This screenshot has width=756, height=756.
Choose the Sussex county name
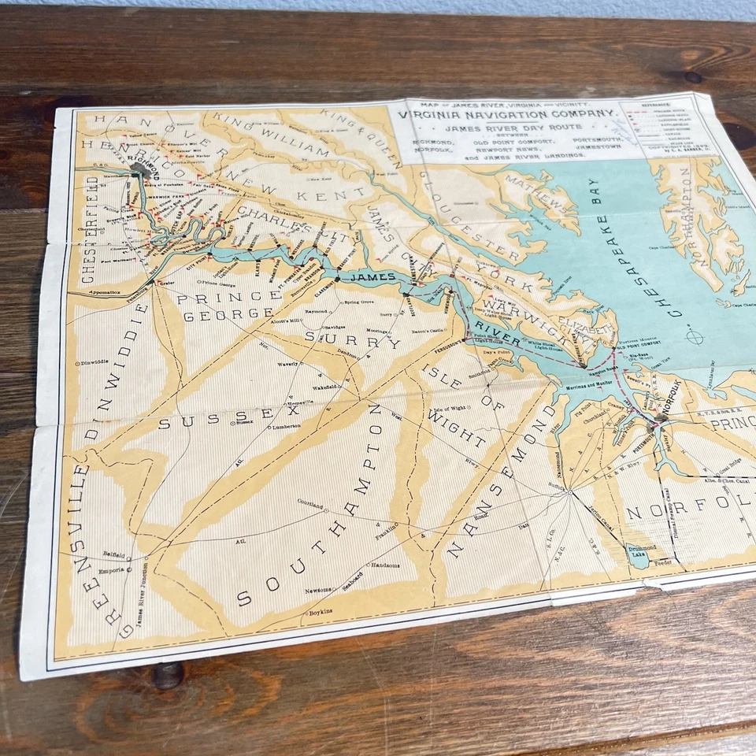click(228, 418)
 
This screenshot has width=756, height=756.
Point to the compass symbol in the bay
click(695, 337)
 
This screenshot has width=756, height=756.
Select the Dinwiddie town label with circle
click(92, 362)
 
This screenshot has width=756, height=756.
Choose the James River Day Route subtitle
click(502, 128)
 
